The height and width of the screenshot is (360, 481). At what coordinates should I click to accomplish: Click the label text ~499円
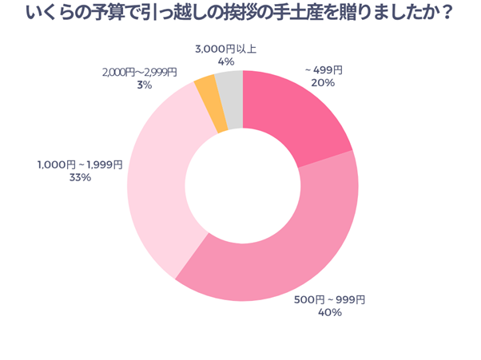[323, 70]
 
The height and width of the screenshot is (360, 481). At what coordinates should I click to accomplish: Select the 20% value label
[323, 84]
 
